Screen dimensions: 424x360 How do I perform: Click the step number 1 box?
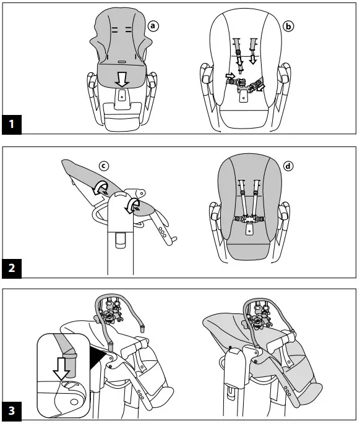pos(12,125)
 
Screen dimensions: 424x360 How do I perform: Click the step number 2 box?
pos(12,268)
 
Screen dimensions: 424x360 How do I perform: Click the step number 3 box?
pos(12,410)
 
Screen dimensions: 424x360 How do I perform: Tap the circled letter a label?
pos(153,26)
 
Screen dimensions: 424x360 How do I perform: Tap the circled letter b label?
pos(288,26)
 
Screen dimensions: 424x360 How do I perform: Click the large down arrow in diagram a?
pos(123,78)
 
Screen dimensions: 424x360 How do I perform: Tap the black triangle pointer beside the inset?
pos(95,356)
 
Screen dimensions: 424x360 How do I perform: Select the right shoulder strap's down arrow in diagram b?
pos(253,59)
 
